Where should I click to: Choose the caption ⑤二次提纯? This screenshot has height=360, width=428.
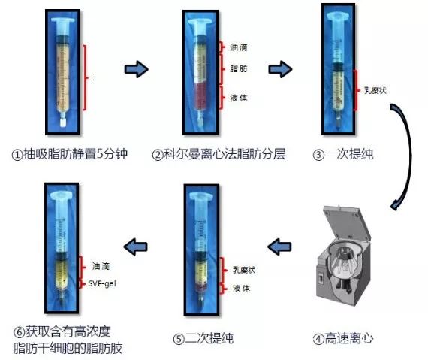(203, 338)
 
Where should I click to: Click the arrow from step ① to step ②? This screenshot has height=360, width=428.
(136, 69)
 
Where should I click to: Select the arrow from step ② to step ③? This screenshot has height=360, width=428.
(280, 69)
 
